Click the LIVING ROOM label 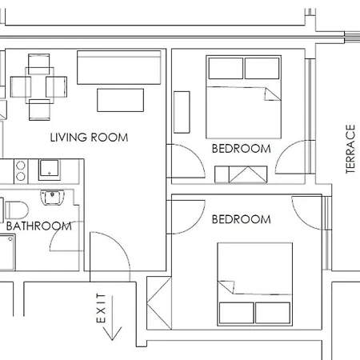point(89,138)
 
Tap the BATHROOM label point(39,226)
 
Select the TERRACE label point(350,149)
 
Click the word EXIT point(101,308)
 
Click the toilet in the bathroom point(17,210)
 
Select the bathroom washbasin point(52,197)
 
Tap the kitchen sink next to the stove point(50,170)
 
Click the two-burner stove point(21,171)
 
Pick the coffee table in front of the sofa point(120,100)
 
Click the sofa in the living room point(119,67)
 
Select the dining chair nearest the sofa point(57,86)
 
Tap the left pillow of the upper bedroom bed point(226,68)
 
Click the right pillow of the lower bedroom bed point(273,313)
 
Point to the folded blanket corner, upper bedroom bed point(272,94)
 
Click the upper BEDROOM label point(242,149)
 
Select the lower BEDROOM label point(242,219)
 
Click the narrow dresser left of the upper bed point(182,112)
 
